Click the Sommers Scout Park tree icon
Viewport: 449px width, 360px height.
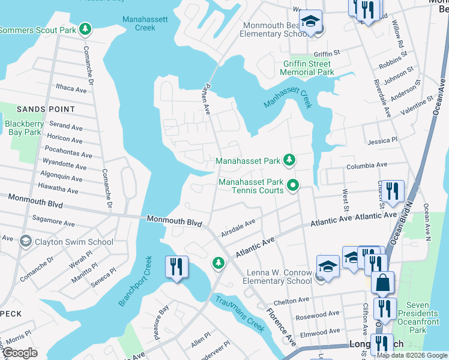pyautogui.click(x=85, y=29)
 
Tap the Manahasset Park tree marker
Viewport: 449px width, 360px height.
pyautogui.click(x=290, y=160)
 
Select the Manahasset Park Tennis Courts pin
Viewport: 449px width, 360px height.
pyautogui.click(x=292, y=185)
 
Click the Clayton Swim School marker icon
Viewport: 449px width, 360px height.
pyautogui.click(x=25, y=242)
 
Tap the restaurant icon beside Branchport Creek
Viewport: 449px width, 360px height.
pyautogui.click(x=176, y=266)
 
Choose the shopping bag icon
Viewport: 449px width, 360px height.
pyautogui.click(x=382, y=281)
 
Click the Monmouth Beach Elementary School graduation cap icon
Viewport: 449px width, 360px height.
pyautogui.click(x=310, y=21)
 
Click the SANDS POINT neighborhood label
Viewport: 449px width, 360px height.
pyautogui.click(x=46, y=109)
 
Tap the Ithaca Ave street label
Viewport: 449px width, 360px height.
pyautogui.click(x=71, y=89)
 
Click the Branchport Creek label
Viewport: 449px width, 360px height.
pyautogui.click(x=136, y=281)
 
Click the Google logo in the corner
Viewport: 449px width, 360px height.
pyautogui.click(x=20, y=353)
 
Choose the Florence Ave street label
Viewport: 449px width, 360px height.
pyautogui.click(x=280, y=327)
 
